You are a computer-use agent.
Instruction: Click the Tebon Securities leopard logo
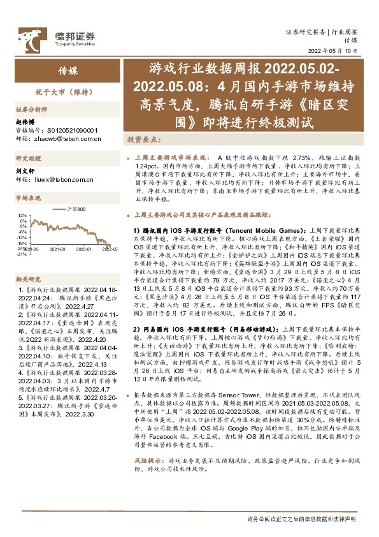29,40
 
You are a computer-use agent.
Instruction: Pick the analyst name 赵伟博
24,122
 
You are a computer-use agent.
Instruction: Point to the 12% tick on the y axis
22,216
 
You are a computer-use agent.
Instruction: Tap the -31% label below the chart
22,254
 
